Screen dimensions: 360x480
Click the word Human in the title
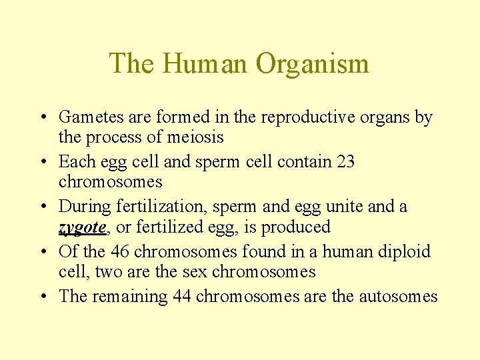point(207,64)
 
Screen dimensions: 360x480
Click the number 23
point(346,162)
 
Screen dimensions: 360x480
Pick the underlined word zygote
point(82,228)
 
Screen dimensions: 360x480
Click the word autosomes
point(398,297)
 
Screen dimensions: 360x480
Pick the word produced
point(296,227)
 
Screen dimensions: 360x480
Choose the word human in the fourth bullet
point(337,252)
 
